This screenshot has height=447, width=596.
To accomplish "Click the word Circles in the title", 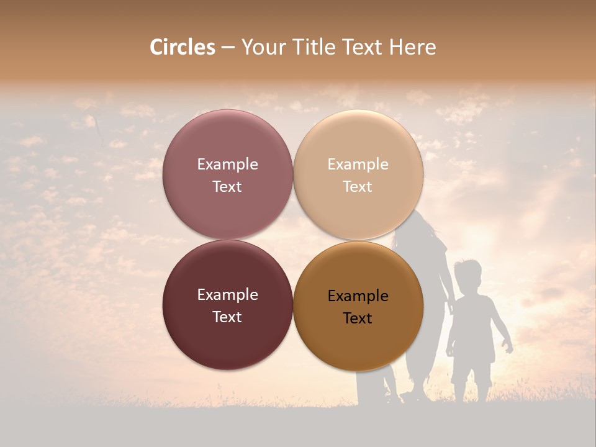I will tap(183, 47).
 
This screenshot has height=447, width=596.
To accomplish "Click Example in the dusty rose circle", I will tap(227, 165).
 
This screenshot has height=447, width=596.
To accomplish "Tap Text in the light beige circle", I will tap(358, 187).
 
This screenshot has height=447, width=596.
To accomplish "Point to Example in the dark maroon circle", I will tap(227, 295).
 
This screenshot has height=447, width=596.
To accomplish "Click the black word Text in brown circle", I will tap(358, 318).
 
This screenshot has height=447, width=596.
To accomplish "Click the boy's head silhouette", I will tap(466, 274).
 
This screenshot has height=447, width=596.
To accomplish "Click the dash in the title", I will tap(228, 48).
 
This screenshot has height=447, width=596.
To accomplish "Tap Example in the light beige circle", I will tap(358, 165).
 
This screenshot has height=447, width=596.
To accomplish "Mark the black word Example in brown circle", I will tap(358, 296).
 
